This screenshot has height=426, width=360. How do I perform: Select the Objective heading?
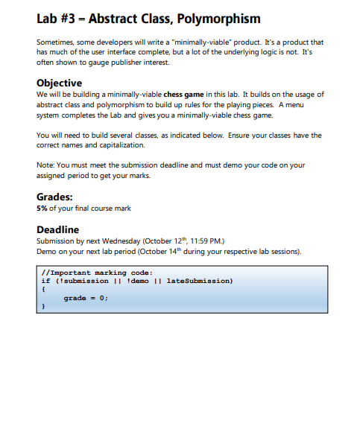pos(59,83)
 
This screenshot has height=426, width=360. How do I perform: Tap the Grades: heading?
pos(54,197)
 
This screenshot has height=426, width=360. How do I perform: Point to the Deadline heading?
pos(57,230)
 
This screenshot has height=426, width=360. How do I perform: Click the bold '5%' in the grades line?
pos(42,209)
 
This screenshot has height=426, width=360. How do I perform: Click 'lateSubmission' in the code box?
pos(200,282)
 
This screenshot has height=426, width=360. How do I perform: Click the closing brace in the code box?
pos(43,306)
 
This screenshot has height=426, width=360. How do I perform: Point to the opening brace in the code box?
pos(43,290)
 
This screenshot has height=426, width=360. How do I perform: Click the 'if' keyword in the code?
pos(45,282)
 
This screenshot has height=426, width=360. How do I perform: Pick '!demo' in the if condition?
pos(139,282)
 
